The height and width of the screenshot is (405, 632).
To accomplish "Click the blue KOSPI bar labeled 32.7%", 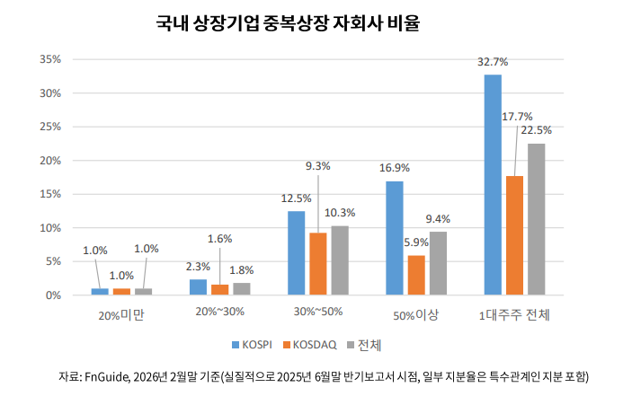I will tap(493, 184).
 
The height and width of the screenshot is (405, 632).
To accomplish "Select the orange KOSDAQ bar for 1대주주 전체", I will tap(514, 235).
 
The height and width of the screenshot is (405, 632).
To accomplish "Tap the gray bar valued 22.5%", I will tap(537, 219).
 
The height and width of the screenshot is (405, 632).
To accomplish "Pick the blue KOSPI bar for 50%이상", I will tap(395, 238).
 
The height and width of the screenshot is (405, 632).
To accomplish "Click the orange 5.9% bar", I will tap(416, 275).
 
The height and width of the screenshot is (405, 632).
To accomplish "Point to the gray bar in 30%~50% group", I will tap(340, 260).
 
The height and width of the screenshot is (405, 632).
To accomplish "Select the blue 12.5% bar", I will tap(297, 252).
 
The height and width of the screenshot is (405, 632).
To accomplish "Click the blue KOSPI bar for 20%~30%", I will tap(198, 287).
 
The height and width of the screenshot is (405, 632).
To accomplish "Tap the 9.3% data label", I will tap(318, 166).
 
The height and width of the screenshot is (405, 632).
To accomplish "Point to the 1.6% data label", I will tap(219, 239).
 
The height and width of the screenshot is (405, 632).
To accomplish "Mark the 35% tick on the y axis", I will tap(49, 59).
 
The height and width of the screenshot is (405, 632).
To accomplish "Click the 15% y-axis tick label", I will tap(49, 194).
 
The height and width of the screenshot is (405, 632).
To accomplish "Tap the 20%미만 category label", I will tap(121, 315).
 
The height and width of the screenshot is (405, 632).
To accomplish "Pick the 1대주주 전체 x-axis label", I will tap(514, 315).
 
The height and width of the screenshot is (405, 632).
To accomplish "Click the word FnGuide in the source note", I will tap(105, 375).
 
